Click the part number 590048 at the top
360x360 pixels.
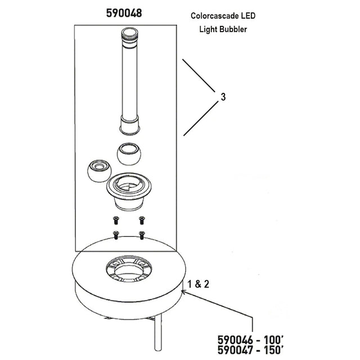124,13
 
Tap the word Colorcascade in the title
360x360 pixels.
214,16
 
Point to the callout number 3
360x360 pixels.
223,97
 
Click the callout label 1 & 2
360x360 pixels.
199,284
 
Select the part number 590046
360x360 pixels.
235,340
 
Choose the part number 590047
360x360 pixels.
235,350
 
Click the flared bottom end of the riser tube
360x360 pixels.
130,125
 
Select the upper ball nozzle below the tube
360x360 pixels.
129,154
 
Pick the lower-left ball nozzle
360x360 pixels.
99,171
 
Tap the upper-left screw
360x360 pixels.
116,220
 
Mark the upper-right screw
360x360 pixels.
142,220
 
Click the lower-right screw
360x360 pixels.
142,235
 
